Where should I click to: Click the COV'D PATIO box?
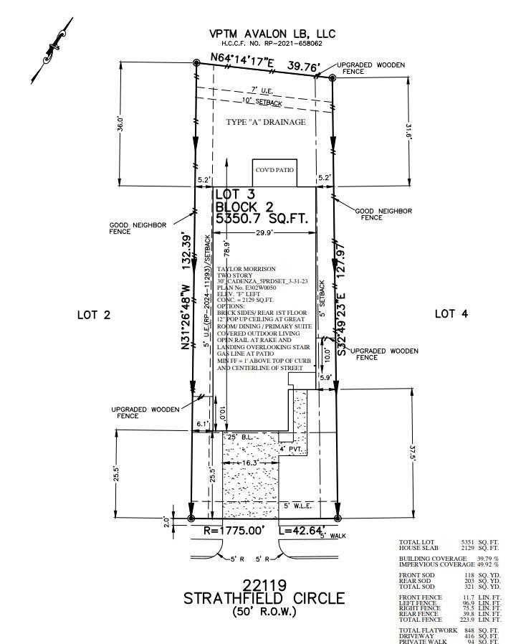(x=274, y=173)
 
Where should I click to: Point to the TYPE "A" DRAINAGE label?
(x=266, y=122)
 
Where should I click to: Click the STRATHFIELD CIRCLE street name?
(x=264, y=598)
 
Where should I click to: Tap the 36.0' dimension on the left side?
(x=121, y=123)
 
